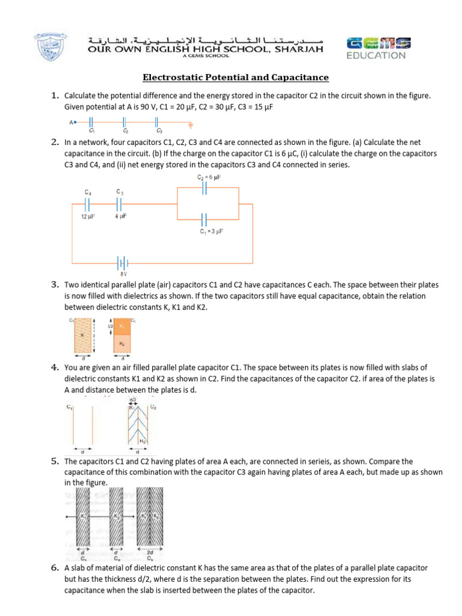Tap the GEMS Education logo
click(x=378, y=48)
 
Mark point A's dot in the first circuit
click(x=76, y=122)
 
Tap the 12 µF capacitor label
click(x=88, y=217)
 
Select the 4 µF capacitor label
click(x=120, y=217)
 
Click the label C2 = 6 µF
click(x=209, y=177)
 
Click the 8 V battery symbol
click(x=123, y=263)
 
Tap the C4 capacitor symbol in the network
click(x=88, y=204)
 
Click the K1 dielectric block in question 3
click(x=122, y=325)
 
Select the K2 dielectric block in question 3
click(x=122, y=343)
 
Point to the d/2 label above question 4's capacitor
click(x=132, y=399)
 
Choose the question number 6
click(x=54, y=567)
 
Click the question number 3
click(x=54, y=284)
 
